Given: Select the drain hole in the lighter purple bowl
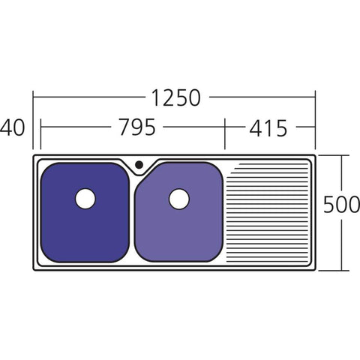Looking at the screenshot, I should point(178,199).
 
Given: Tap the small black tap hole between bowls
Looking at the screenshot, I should point(138,165).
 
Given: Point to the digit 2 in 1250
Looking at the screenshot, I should point(166,97).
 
